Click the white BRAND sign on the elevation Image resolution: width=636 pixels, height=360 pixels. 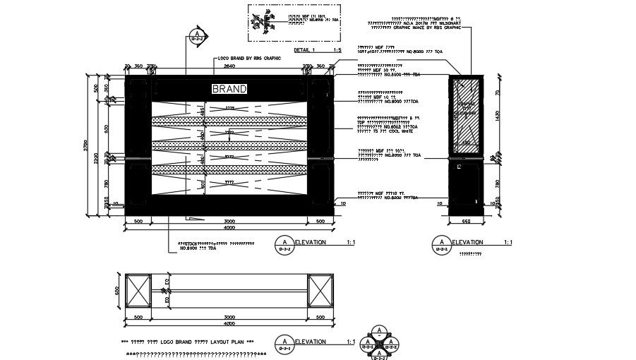(x=230, y=89)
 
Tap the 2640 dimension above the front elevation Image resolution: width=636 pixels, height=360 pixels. (x=229, y=66)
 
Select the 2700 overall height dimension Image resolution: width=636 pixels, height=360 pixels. (x=86, y=145)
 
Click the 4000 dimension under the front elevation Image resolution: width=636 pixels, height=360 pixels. (x=229, y=227)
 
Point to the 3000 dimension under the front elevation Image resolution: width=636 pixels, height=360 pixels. (x=229, y=221)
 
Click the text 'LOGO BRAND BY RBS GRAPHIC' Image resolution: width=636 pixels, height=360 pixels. (x=250, y=58)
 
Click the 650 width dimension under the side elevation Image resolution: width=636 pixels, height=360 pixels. (x=466, y=221)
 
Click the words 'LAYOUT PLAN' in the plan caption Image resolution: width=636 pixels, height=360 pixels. (x=228, y=342)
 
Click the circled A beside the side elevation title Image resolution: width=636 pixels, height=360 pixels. (x=442, y=244)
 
